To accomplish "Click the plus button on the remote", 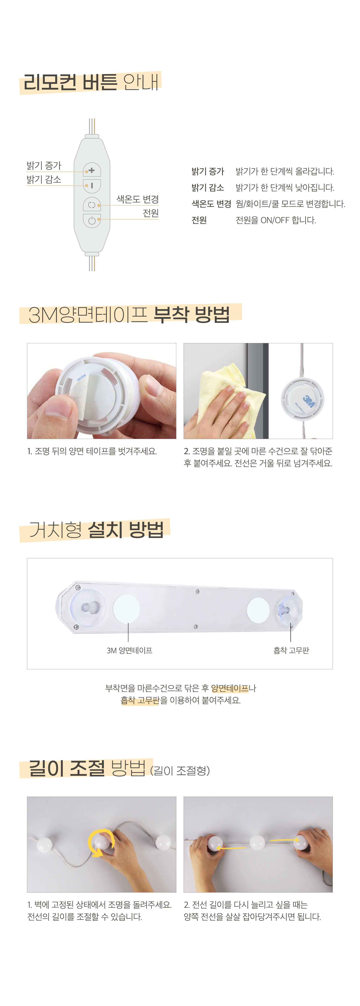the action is pyautogui.click(x=92, y=170).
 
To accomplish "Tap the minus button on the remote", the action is pyautogui.click(x=92, y=185).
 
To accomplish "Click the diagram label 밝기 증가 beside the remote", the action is pyautogui.click(x=44, y=166).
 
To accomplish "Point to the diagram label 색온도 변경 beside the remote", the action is pyautogui.click(x=138, y=199).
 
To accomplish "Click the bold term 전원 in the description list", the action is pyautogui.click(x=199, y=220).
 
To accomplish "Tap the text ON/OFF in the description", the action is pyautogui.click(x=275, y=220).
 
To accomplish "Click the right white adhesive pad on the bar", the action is pyautogui.click(x=258, y=610).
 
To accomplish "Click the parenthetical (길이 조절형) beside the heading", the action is pyautogui.click(x=180, y=771).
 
